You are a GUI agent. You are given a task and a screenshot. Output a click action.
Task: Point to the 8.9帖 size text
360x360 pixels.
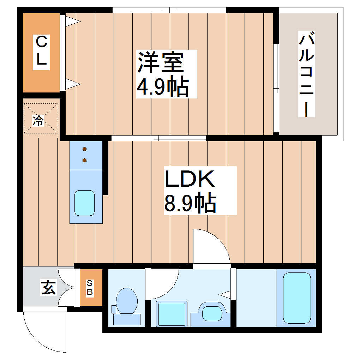click(190, 203)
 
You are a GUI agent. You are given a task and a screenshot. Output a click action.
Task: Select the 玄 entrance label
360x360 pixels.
click(48, 287)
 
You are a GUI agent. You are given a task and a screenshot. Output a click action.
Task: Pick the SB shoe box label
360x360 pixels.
click(90, 287)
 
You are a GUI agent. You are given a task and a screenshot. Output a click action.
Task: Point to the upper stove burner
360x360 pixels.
click(85, 149)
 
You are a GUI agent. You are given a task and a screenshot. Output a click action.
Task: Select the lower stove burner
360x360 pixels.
click(85, 161)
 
